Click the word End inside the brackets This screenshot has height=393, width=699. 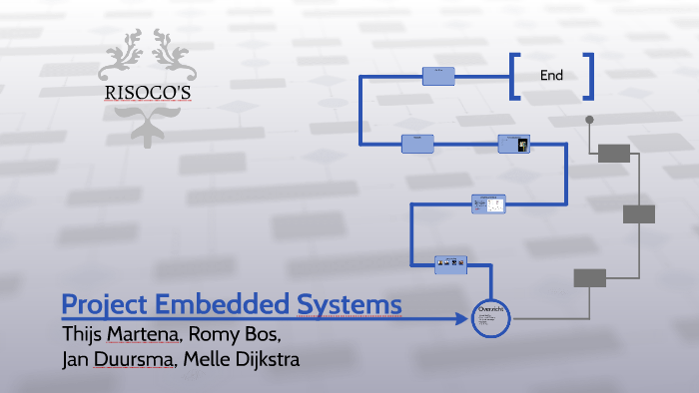(551, 75)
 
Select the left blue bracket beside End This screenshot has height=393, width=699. (514, 76)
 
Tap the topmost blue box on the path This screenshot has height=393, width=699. (438, 76)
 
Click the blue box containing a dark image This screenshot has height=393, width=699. (513, 145)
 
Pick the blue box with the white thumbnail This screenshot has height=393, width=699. (488, 203)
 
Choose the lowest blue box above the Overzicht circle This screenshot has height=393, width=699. (452, 263)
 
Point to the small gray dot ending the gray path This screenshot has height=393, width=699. (589, 120)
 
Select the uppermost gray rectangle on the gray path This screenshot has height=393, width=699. (614, 153)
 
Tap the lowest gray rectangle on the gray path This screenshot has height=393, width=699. (589, 278)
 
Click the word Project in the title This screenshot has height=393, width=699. (102, 304)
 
